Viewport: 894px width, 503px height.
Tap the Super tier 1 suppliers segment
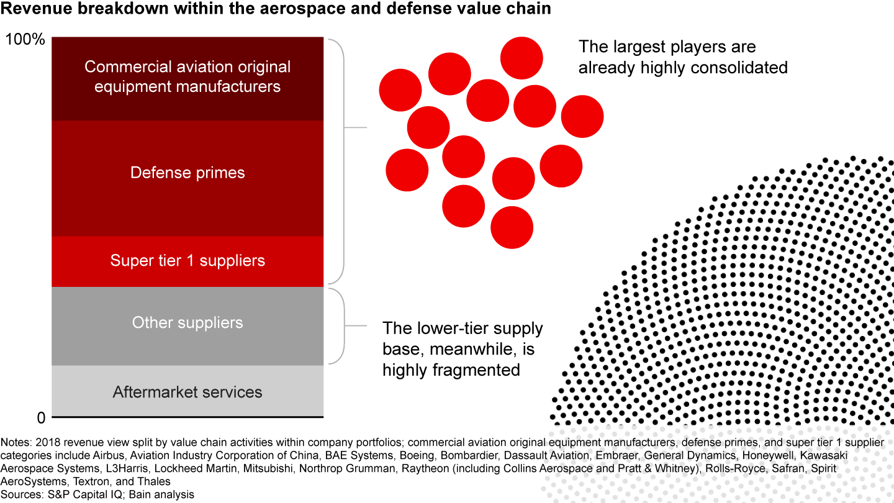(x=187, y=260)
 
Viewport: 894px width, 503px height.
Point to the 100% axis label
(x=25, y=40)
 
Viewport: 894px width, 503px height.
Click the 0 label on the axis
(x=41, y=417)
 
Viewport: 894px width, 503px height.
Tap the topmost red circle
(x=521, y=58)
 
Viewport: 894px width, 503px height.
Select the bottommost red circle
(x=512, y=227)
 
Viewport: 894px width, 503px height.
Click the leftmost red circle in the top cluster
(x=400, y=91)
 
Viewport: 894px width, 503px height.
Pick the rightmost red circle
(x=582, y=117)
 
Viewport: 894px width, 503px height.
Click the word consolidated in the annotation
(x=739, y=67)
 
